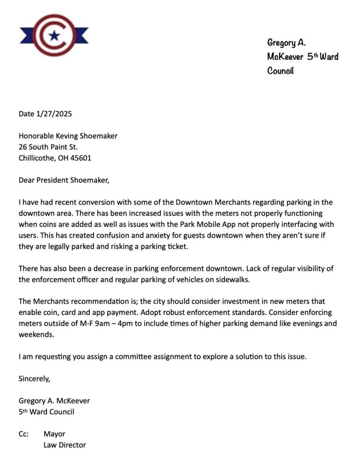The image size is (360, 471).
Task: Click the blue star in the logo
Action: pyautogui.click(x=54, y=35)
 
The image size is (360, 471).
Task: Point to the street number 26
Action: pyautogui.click(x=23, y=147)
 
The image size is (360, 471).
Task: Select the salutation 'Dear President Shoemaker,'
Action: pyautogui.click(x=64, y=180)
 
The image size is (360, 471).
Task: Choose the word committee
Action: pyautogui.click(x=139, y=356)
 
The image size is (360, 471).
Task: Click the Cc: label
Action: pyautogui.click(x=24, y=434)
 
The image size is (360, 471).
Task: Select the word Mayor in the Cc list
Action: pyautogui.click(x=54, y=434)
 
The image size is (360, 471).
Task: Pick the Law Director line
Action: pyautogui.click(x=64, y=445)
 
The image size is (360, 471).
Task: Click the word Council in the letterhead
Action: pyautogui.click(x=280, y=71)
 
